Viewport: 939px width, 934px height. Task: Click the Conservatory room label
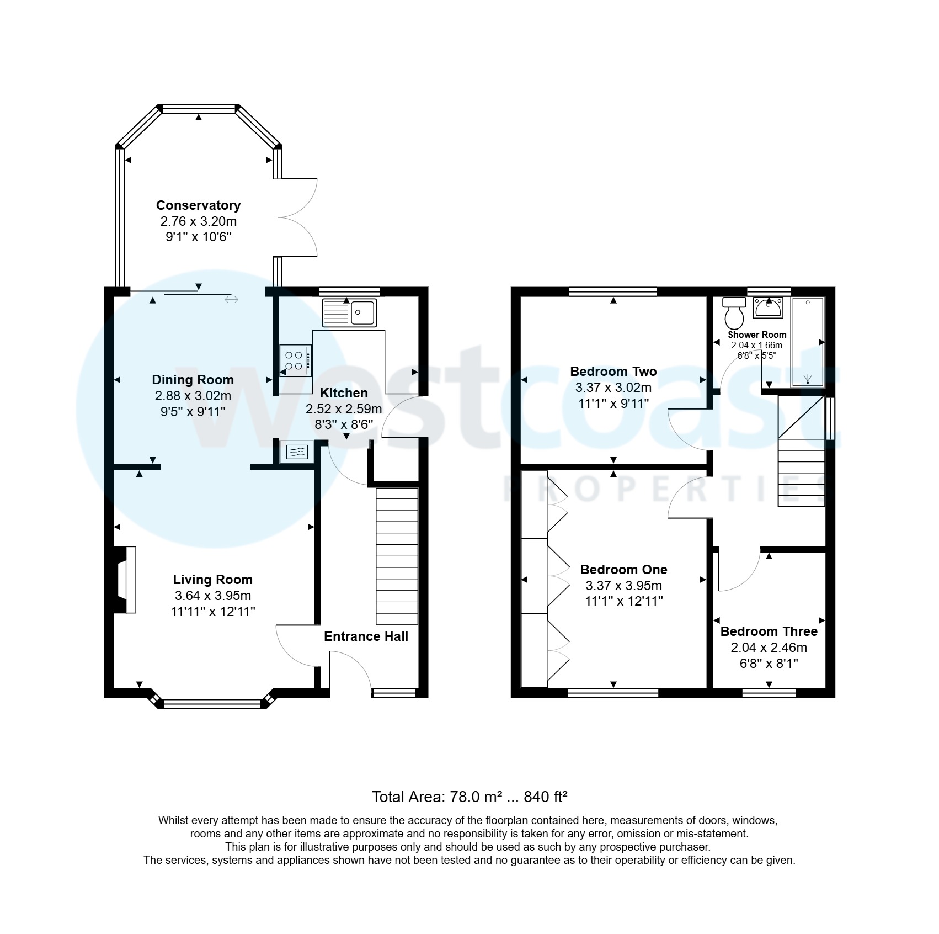pos(198,205)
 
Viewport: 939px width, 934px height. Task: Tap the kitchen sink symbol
pos(349,313)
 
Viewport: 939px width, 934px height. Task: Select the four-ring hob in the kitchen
pos(295,360)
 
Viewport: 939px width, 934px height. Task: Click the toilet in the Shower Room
pos(734,314)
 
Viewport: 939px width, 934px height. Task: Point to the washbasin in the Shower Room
pos(768,308)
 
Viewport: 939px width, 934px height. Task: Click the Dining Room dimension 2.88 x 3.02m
pos(193,396)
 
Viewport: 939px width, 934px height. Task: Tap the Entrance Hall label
pos(366,636)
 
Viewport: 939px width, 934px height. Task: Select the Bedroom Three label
pos(769,631)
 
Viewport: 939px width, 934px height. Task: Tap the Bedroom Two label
pos(613,372)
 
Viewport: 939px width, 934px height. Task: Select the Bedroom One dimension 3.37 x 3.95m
pos(623,586)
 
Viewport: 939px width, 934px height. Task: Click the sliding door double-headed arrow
pos(231,299)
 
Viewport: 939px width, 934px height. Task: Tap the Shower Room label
pos(757,335)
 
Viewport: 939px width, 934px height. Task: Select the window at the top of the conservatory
pos(199,108)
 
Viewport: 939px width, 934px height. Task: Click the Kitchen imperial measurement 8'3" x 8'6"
pos(343,424)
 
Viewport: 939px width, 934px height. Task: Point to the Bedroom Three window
pos(769,692)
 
